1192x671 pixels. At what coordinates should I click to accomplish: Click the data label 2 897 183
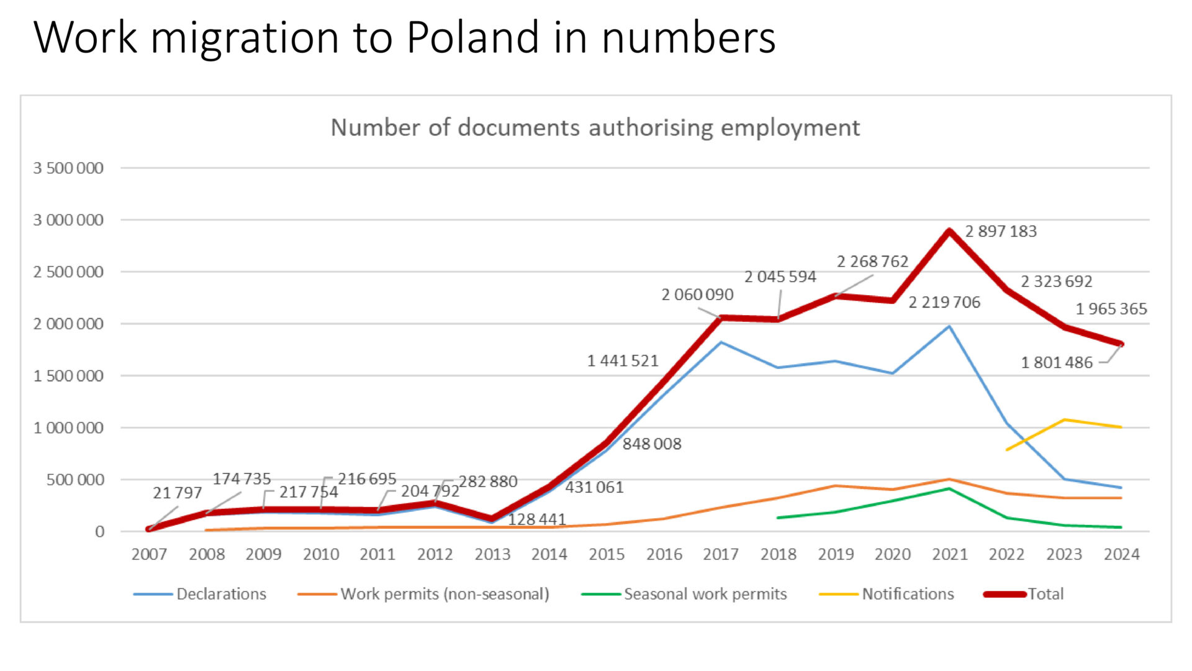[1001, 231]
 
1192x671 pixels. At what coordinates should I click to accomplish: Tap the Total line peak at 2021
[949, 231]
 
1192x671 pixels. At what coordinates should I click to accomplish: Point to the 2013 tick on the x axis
[492, 554]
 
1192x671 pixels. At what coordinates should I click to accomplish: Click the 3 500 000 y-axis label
[68, 168]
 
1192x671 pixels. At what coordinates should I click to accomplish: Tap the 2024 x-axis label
[1121, 554]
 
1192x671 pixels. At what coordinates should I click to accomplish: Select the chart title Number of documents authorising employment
[595, 127]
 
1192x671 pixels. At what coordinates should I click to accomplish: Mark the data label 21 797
[178, 493]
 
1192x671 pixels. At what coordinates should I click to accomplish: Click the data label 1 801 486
[1057, 362]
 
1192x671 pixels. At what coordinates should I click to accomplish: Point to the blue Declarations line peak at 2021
[949, 326]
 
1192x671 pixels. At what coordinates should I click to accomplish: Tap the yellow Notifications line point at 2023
[1064, 420]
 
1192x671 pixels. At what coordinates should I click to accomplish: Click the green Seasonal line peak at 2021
[949, 489]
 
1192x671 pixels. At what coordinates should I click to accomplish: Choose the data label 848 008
[652, 444]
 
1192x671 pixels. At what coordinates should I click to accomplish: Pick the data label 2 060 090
[697, 294]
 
